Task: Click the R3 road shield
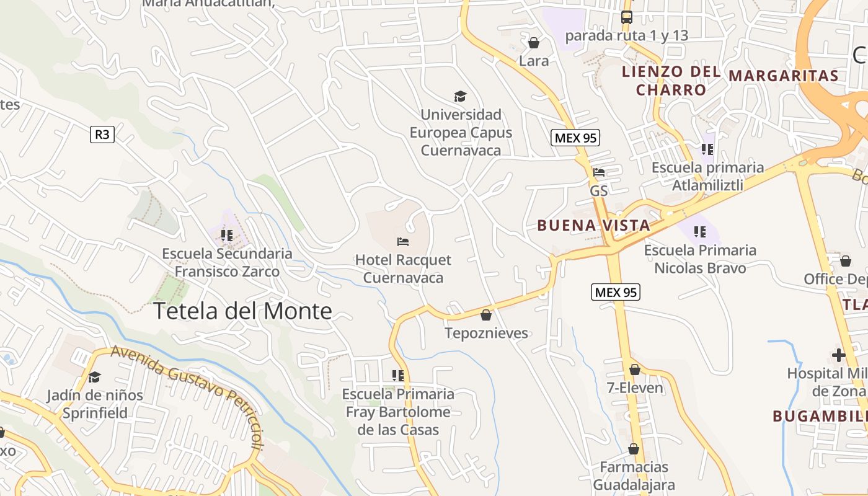102,134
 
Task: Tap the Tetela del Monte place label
242,311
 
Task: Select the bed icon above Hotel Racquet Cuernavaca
403,241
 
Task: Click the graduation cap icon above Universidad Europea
460,96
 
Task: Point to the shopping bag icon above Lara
534,43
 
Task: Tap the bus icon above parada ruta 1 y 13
627,17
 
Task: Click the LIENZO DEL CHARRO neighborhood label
671,81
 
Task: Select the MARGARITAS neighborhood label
784,76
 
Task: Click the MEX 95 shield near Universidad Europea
575,138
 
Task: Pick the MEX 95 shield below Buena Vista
616,292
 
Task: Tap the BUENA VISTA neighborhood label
594,225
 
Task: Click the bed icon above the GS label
599,172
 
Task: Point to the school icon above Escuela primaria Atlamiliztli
707,149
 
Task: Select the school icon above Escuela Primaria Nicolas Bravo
700,232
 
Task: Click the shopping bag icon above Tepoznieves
486,315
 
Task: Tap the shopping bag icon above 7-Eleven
635,370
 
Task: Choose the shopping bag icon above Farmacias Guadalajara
634,449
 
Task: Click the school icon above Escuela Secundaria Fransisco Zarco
226,235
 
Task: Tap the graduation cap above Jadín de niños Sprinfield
94,377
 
